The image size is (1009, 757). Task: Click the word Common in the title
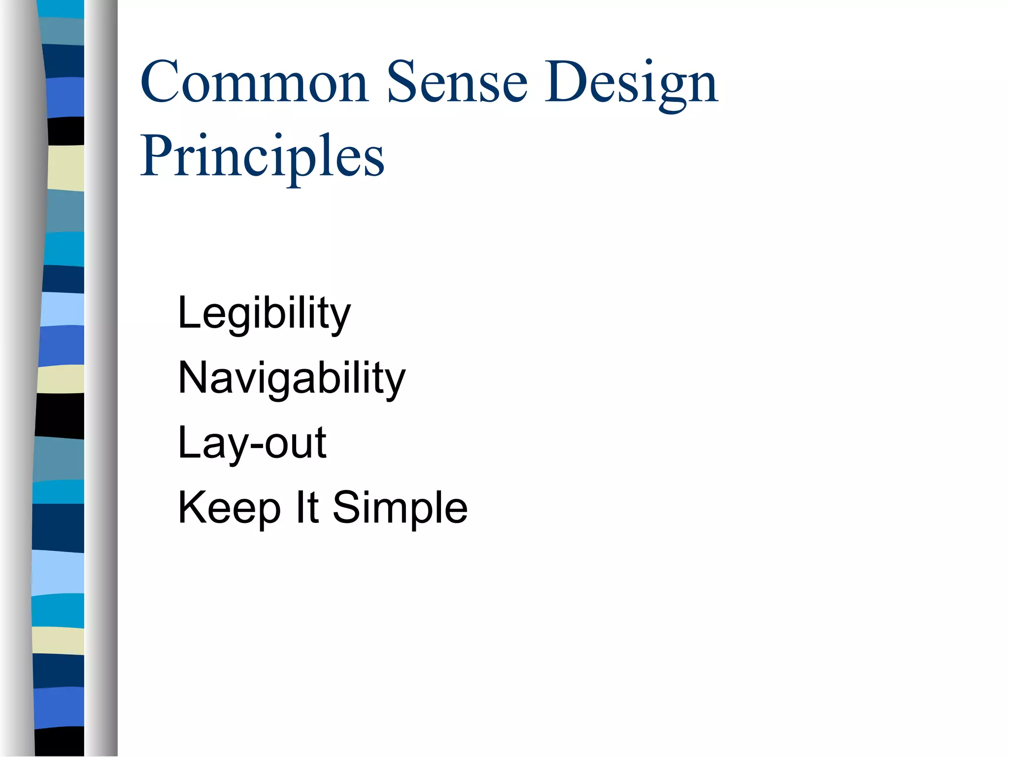[254, 82]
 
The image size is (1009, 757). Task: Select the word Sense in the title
[457, 82]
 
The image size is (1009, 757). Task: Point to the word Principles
[262, 157]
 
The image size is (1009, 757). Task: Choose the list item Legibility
[264, 313]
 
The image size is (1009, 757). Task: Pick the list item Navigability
[292, 378]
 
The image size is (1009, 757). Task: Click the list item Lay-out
[252, 444]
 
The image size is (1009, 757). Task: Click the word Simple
[400, 509]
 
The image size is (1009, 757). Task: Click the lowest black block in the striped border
[60, 742]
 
